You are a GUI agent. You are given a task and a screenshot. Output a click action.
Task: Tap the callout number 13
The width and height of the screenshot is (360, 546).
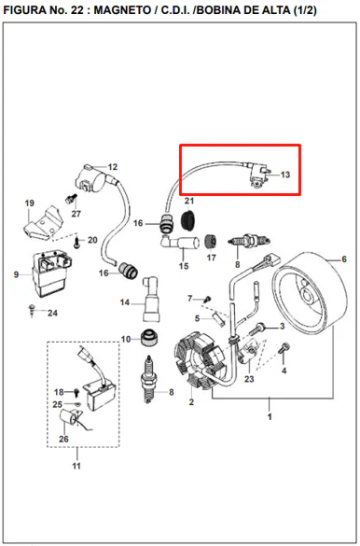[285, 175]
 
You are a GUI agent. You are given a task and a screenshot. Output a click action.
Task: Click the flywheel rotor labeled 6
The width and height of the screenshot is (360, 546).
[310, 293]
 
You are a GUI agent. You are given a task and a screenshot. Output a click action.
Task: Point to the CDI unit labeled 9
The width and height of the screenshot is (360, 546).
[51, 273]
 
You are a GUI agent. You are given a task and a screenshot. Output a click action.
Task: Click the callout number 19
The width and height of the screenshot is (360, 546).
[30, 203]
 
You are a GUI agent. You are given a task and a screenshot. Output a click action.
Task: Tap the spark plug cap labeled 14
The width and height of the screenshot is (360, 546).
[151, 299]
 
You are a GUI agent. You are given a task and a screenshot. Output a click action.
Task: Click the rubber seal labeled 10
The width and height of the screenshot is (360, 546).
[150, 337]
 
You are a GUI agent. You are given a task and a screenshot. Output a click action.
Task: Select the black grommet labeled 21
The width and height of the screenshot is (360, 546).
[189, 219]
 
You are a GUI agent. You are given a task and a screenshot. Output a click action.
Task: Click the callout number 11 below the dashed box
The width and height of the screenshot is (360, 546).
[76, 466]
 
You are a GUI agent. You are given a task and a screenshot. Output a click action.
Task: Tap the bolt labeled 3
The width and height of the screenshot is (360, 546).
[257, 329]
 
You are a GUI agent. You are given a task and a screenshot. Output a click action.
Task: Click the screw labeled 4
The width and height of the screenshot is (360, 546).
[284, 348]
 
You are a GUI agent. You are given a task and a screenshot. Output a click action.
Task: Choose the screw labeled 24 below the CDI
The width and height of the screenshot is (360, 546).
[33, 310]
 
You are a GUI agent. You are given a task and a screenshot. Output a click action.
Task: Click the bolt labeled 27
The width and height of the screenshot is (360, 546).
[71, 199]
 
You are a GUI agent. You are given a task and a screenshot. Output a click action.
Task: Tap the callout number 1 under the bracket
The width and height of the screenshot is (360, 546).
[270, 416]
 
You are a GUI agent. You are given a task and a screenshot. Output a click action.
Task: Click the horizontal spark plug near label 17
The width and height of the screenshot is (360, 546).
[249, 240]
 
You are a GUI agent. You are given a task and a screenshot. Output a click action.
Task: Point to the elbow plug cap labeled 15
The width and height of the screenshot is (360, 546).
[180, 242]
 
